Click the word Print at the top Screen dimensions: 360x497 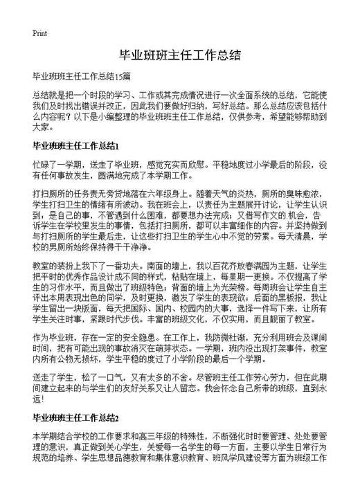[x=39, y=33]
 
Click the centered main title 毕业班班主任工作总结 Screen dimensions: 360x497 [x=180, y=55]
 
